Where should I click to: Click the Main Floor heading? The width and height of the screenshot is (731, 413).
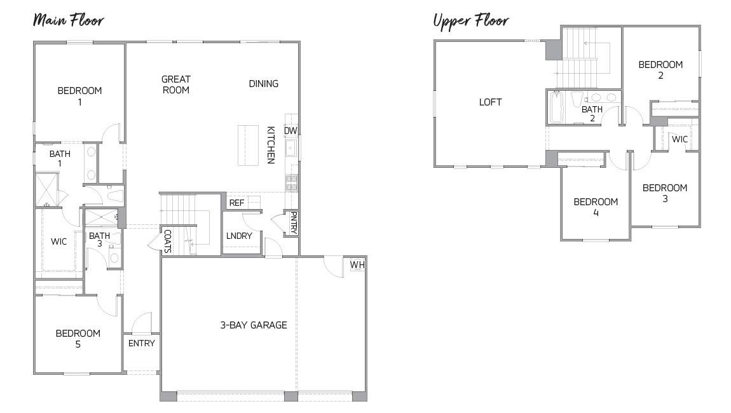pyautogui.click(x=68, y=20)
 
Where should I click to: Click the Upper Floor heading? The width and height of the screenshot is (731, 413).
pyautogui.click(x=470, y=20)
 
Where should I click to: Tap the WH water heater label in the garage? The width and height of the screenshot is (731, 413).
pyautogui.click(x=357, y=264)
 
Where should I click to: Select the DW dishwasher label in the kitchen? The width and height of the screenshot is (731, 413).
pyautogui.click(x=290, y=131)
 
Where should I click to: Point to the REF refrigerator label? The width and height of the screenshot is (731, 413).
pyautogui.click(x=236, y=203)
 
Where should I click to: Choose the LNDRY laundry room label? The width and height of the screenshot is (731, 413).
pyautogui.click(x=239, y=236)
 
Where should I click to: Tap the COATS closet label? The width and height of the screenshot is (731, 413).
pyautogui.click(x=167, y=241)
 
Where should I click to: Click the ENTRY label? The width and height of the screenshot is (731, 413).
pyautogui.click(x=141, y=343)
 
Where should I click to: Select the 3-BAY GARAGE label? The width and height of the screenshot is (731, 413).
pyautogui.click(x=253, y=325)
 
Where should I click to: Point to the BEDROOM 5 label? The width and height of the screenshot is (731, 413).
pyautogui.click(x=78, y=339)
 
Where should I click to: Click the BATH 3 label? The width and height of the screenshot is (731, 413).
pyautogui.click(x=99, y=240)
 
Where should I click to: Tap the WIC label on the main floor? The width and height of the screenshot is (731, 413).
pyautogui.click(x=58, y=241)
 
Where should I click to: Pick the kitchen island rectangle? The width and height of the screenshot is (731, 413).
pyautogui.click(x=248, y=145)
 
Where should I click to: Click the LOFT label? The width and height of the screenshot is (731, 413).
pyautogui.click(x=490, y=102)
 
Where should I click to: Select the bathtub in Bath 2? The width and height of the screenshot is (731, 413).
pyautogui.click(x=556, y=107)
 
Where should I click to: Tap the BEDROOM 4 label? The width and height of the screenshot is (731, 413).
pyautogui.click(x=595, y=207)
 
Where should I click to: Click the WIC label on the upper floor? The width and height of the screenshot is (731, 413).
pyautogui.click(x=680, y=139)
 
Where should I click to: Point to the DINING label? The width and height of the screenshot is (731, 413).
pyautogui.click(x=263, y=84)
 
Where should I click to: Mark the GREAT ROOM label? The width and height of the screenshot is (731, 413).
pyautogui.click(x=175, y=85)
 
